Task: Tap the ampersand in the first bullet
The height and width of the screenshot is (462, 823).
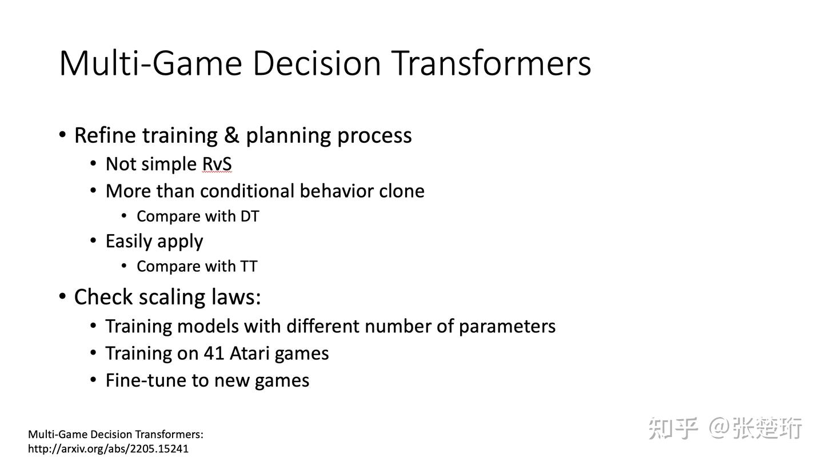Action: pyautogui.click(x=231, y=135)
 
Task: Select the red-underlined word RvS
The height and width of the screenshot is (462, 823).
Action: pyautogui.click(x=217, y=164)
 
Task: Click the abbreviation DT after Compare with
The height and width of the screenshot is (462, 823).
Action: pyautogui.click(x=250, y=216)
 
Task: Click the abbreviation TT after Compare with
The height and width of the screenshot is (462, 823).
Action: pyautogui.click(x=249, y=267)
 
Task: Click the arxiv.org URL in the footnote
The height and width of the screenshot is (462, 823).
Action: pyautogui.click(x=108, y=449)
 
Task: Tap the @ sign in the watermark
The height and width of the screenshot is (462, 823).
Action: pyautogui.click(x=719, y=428)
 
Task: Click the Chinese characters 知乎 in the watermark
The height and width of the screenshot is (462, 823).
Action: pyautogui.click(x=673, y=428)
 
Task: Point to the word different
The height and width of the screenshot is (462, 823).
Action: pyautogui.click(x=323, y=326)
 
